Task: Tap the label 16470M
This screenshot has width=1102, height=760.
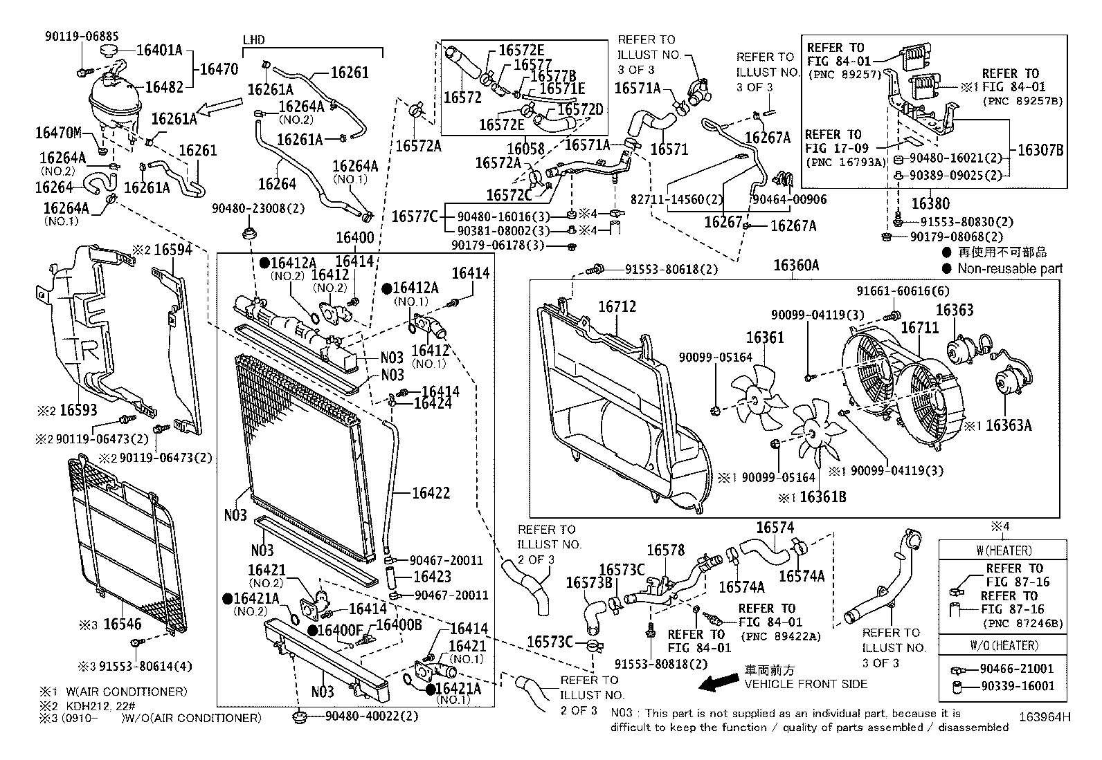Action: (58, 132)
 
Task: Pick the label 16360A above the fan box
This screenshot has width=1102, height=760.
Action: (796, 266)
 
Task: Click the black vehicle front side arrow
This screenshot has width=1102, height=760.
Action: (719, 683)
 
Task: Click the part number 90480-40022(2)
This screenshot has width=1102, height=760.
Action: (372, 716)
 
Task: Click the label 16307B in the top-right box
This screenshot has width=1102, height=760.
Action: (1040, 150)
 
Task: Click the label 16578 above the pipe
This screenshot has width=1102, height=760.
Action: (665, 550)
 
